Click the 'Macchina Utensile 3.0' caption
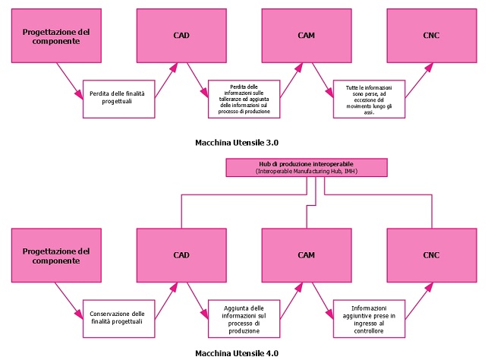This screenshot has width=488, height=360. [237, 143]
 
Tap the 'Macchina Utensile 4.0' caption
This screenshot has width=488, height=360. [237, 353]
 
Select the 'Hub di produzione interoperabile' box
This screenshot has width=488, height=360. [307, 168]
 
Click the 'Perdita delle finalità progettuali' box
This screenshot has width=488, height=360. [119, 99]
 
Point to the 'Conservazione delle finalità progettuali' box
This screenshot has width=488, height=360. [119, 318]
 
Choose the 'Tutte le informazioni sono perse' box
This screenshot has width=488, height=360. [369, 99]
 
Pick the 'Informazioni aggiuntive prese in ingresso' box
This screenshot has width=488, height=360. [369, 318]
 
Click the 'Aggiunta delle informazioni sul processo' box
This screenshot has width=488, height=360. [244, 318]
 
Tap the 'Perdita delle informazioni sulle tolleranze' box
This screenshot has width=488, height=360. [244, 99]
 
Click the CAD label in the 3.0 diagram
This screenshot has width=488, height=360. [181, 36]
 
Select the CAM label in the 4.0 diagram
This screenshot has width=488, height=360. [307, 255]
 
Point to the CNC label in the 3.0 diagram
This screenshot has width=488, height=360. [431, 36]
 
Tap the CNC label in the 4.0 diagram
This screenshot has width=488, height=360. [431, 255]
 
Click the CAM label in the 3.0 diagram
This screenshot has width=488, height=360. [307, 36]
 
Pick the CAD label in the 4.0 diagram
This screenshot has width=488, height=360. [181, 255]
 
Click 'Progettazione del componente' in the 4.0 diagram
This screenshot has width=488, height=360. [56, 256]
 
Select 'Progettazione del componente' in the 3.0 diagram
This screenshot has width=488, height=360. [56, 36]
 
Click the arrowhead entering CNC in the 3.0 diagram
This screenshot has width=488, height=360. [429, 67]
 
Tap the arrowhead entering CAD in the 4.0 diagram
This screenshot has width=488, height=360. [174, 287]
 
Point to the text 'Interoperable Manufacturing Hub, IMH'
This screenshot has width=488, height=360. [307, 172]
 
